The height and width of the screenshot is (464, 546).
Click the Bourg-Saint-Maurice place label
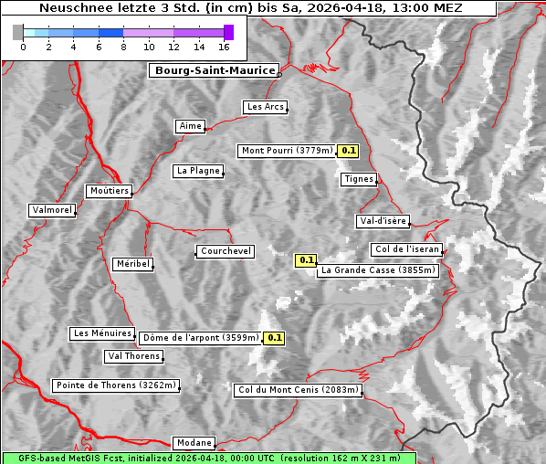(x=213, y=70)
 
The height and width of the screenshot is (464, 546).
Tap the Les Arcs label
(x=266, y=107)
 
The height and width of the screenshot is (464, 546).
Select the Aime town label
(x=190, y=126)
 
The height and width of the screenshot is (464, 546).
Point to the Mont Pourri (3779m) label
(x=287, y=151)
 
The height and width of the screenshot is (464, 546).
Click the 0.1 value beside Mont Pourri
(x=349, y=151)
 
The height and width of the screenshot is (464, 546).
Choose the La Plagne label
(x=198, y=171)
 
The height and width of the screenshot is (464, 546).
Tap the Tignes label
(x=359, y=179)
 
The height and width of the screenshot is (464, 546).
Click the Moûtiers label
(x=109, y=191)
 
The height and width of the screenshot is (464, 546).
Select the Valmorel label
(x=52, y=210)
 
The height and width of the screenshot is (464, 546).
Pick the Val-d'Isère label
(x=383, y=221)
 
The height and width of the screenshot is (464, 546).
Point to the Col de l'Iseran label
(x=407, y=249)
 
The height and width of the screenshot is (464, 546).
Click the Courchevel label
(x=225, y=251)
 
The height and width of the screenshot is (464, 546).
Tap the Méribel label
(x=132, y=264)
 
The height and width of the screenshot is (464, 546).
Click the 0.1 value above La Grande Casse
(x=305, y=260)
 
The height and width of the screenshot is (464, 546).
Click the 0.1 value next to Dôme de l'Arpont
(x=274, y=338)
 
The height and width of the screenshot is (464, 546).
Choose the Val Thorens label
(x=134, y=356)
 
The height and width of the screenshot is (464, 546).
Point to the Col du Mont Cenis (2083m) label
(x=299, y=390)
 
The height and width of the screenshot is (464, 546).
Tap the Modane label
(x=194, y=443)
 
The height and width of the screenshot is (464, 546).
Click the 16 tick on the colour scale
(x=224, y=47)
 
